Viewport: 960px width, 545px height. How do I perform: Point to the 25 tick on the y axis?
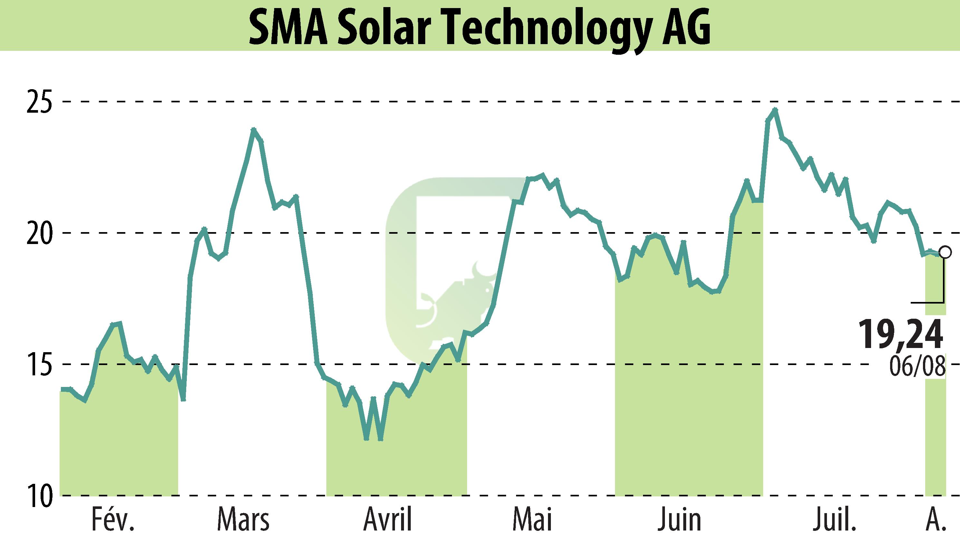(x=39, y=101)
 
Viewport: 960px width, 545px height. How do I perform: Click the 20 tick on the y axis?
(x=39, y=233)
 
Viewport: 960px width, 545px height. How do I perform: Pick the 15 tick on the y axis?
(x=39, y=364)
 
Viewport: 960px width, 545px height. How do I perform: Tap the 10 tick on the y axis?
(x=39, y=496)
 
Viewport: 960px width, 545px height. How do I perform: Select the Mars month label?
(x=244, y=520)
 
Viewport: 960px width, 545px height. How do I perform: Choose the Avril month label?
(x=388, y=520)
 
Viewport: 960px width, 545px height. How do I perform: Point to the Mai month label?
(x=532, y=520)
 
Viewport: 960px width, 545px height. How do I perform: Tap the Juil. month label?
(x=835, y=520)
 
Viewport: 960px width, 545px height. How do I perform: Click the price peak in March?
(x=254, y=129)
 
